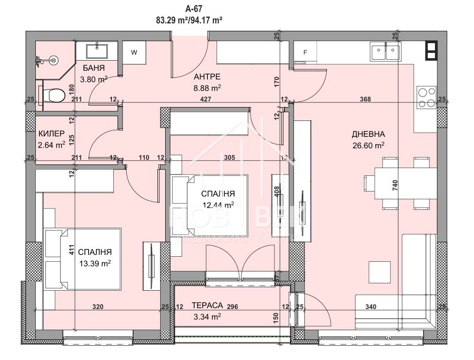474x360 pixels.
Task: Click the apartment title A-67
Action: coord(193,8)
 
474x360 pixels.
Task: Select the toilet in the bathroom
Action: coord(54,96)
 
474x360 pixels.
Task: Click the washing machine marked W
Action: coord(134,52)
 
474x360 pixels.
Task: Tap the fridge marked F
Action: coord(305,52)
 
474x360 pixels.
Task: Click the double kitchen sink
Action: coord(385,52)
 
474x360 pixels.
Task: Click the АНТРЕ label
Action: coord(207,77)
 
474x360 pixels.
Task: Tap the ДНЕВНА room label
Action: coord(368,135)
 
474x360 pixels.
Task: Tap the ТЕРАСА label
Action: coord(207,305)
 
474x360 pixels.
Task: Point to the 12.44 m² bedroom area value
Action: coord(218,205)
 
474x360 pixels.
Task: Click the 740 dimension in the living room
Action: coord(395,186)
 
